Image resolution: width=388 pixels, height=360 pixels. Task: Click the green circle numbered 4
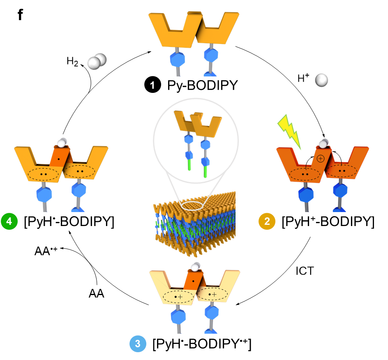[9, 222]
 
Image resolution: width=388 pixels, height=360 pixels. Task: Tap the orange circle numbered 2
[267, 222]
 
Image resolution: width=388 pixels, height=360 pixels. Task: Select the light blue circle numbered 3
[138, 344]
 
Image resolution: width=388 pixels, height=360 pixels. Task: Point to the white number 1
[152, 85]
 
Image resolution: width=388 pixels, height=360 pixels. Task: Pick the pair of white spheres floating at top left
[97, 62]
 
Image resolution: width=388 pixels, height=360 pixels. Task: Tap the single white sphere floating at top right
[321, 80]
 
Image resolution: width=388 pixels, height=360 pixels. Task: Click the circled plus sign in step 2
[321, 158]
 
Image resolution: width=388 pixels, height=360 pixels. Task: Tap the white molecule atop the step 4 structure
[62, 143]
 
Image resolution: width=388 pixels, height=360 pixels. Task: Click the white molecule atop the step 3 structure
[195, 267]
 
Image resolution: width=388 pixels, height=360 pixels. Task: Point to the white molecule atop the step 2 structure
[323, 143]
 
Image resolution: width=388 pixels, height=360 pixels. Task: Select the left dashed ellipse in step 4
[43, 174]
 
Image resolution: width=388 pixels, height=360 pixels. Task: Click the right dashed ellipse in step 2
[342, 171]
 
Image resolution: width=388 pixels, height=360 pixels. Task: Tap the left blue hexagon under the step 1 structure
[178, 59]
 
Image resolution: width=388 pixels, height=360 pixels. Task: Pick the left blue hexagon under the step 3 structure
[178, 317]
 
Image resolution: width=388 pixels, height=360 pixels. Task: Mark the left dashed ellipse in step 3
[178, 296]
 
